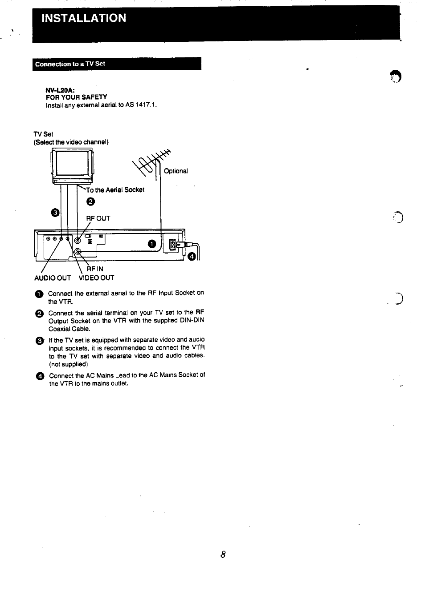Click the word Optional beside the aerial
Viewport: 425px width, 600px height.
(x=176, y=171)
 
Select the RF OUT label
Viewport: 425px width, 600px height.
(x=98, y=218)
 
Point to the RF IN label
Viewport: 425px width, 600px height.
(x=95, y=269)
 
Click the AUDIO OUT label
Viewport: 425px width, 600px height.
(x=53, y=278)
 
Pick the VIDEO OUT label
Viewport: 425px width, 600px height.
(x=96, y=278)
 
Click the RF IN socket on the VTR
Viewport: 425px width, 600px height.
(x=78, y=252)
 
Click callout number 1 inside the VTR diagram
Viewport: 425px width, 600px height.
(x=152, y=244)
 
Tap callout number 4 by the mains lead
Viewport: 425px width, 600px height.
(x=192, y=256)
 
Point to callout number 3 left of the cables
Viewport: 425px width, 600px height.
(x=55, y=213)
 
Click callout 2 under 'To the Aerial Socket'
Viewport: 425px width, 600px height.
(x=90, y=202)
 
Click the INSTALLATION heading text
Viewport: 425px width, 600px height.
(x=84, y=18)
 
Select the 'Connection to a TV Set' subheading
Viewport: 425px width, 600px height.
(x=70, y=64)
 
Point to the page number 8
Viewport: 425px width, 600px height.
(x=223, y=555)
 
